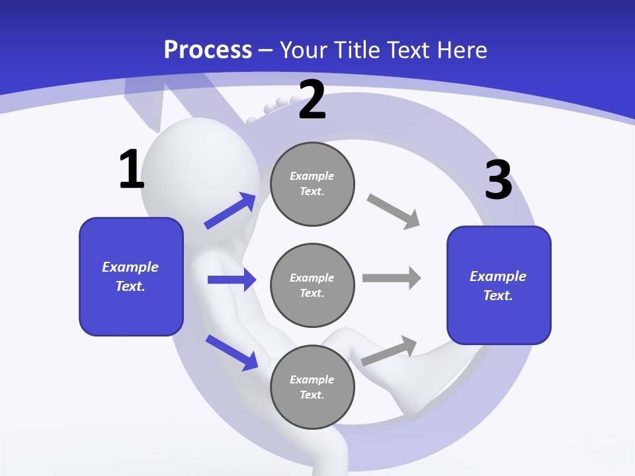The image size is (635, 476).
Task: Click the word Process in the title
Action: (x=208, y=50)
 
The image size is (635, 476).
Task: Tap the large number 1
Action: (x=131, y=170)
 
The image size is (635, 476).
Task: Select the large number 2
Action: (x=312, y=100)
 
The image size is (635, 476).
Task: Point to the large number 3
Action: (x=498, y=180)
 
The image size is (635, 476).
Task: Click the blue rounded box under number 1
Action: (x=131, y=276)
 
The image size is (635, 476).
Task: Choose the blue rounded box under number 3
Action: (x=499, y=285)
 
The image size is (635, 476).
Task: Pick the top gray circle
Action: (x=312, y=184)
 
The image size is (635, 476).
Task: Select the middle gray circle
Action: (x=312, y=285)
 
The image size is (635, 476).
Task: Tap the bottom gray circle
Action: (x=312, y=387)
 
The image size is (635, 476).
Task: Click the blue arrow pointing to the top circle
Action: (x=230, y=211)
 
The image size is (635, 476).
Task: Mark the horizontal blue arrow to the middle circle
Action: (x=232, y=280)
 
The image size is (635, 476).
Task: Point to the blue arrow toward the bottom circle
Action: (x=232, y=352)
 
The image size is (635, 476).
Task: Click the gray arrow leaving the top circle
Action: (x=394, y=211)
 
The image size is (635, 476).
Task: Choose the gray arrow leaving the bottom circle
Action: (x=389, y=350)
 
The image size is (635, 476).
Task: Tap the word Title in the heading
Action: (x=358, y=50)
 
